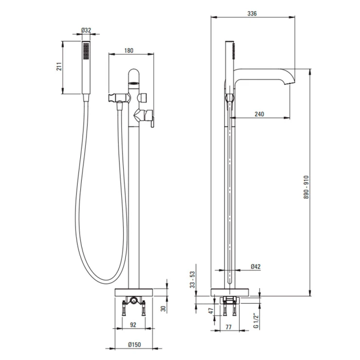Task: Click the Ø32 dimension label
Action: (x=86, y=30)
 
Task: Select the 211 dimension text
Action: (x=59, y=66)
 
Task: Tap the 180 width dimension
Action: (x=129, y=50)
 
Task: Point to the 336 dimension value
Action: (x=252, y=14)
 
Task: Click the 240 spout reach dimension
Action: (x=259, y=114)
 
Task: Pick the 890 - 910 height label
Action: (x=306, y=187)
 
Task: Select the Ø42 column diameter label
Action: (x=255, y=266)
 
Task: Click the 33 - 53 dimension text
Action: (x=192, y=279)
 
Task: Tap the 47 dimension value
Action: (x=211, y=311)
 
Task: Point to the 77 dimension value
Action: (x=229, y=327)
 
